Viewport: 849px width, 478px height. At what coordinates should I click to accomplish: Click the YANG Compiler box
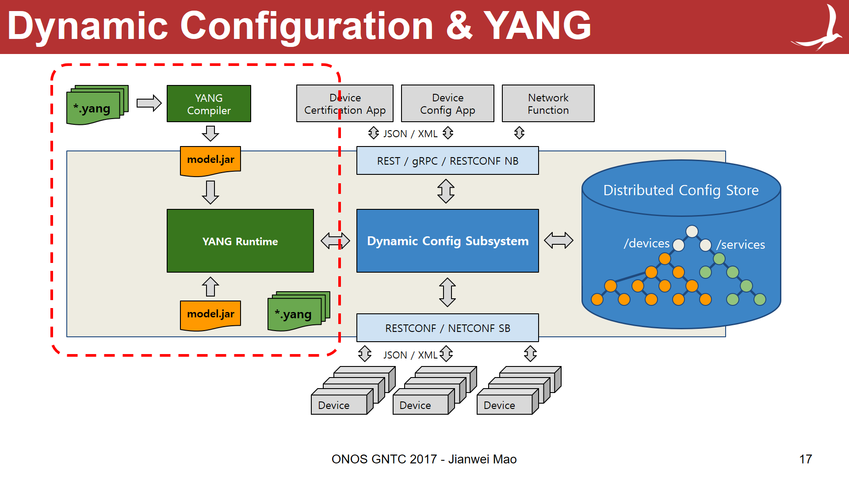209,104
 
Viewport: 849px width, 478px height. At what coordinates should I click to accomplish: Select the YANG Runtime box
240,241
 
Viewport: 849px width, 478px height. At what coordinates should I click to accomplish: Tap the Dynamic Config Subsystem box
447,241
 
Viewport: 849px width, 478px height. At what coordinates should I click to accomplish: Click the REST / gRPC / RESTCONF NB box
447,161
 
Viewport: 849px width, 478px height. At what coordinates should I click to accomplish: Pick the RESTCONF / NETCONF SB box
447,328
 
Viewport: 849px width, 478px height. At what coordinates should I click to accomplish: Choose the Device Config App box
447,104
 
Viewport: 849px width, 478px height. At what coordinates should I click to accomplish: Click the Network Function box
548,104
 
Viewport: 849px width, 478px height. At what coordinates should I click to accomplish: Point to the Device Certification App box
345,104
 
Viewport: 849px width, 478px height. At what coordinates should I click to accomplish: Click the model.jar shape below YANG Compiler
210,160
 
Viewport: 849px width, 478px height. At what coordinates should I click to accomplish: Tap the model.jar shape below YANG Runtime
210,315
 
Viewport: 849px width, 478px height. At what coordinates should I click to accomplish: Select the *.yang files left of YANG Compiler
96,106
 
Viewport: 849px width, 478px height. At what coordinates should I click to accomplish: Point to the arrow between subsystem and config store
558,240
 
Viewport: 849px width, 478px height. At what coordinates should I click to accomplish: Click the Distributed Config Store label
681,190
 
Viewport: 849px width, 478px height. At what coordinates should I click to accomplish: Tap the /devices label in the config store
646,243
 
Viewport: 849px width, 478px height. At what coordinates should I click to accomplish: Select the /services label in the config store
741,245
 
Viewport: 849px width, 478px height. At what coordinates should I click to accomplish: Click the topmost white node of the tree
692,231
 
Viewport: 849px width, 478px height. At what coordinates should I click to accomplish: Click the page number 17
805,459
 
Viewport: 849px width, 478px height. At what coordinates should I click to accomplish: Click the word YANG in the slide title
537,26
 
